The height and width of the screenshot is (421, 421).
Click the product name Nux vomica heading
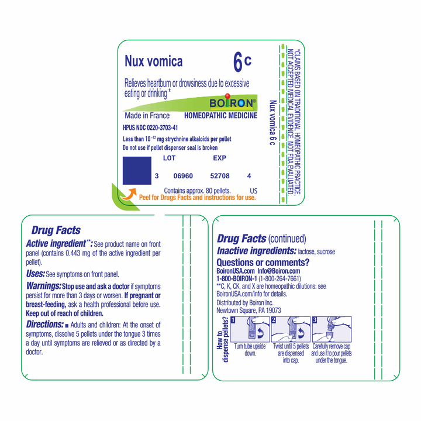click(x=153, y=61)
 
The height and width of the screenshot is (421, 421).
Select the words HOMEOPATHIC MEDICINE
click(x=220, y=116)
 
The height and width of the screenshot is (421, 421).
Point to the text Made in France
click(x=146, y=116)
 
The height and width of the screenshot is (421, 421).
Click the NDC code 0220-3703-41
click(x=150, y=127)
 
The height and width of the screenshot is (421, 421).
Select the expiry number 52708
click(x=219, y=175)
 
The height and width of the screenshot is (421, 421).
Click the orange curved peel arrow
click(x=129, y=192)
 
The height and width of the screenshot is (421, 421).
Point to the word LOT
click(x=169, y=158)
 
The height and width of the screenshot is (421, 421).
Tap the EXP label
click(x=219, y=158)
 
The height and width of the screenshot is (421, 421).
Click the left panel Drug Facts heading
click(x=56, y=230)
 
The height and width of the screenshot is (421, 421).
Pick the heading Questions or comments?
click(x=263, y=263)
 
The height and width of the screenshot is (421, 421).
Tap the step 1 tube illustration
click(x=250, y=330)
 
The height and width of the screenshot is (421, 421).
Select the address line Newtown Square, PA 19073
click(x=249, y=310)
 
